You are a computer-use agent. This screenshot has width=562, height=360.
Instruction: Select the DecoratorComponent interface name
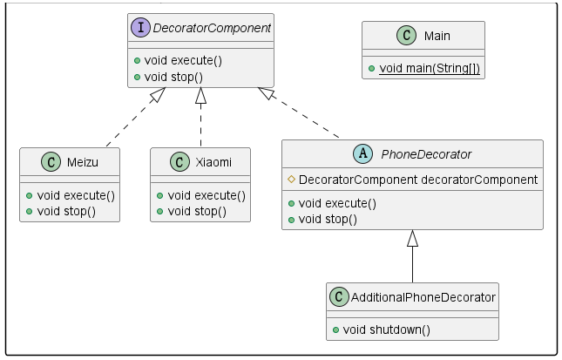click(x=213, y=29)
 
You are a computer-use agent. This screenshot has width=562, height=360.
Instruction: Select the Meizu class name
click(x=83, y=162)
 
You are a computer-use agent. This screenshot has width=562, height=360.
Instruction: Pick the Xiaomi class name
click(x=213, y=162)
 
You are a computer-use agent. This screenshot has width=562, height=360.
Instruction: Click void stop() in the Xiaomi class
click(x=197, y=211)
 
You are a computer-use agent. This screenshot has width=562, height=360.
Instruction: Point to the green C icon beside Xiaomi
click(x=179, y=162)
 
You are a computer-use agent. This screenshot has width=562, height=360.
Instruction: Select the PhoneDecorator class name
click(x=426, y=155)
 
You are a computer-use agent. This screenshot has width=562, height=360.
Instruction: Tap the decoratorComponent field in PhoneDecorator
click(x=417, y=180)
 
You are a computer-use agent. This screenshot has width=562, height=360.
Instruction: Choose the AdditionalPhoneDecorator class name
click(x=424, y=297)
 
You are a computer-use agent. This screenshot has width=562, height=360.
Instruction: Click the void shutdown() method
click(x=387, y=330)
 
